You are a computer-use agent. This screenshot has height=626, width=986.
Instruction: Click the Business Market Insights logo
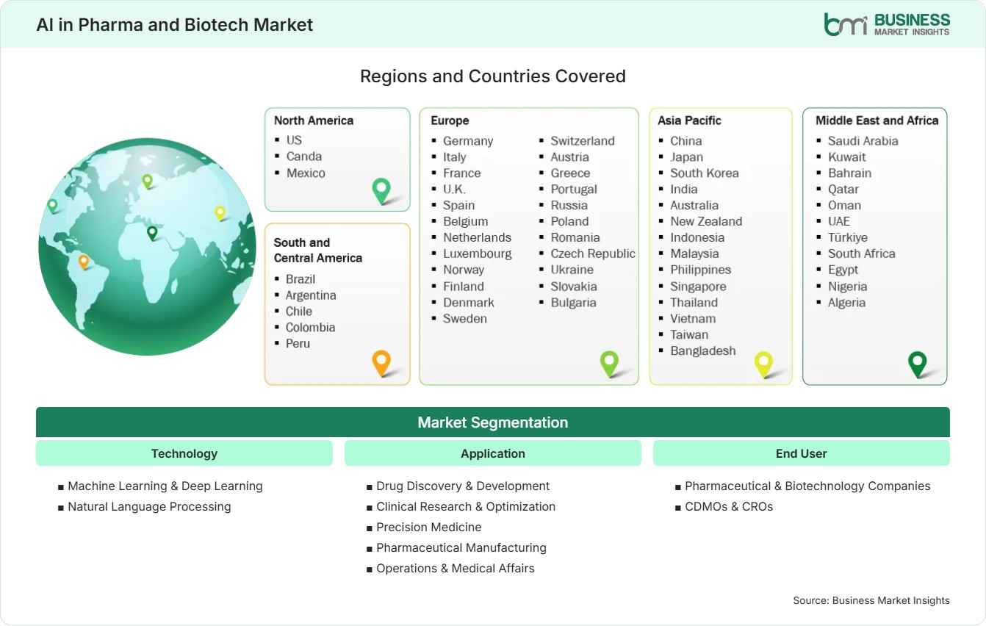pyautogui.click(x=887, y=24)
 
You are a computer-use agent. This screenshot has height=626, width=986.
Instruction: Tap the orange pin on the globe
pyautogui.click(x=83, y=262)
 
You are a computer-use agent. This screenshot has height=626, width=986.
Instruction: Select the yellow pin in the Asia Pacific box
pyautogui.click(x=763, y=364)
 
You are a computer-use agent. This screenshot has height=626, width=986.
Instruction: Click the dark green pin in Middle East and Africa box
pyautogui.click(x=918, y=364)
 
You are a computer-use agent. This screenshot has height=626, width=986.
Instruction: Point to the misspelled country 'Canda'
pyautogui.click(x=303, y=156)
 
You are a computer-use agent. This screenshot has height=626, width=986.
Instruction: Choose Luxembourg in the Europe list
pyautogui.click(x=477, y=253)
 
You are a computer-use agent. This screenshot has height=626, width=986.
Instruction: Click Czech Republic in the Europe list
pyautogui.click(x=592, y=253)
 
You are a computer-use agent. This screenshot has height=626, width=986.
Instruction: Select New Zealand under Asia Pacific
pyautogui.click(x=706, y=221)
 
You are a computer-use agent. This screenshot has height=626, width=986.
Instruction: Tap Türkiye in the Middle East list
pyautogui.click(x=847, y=237)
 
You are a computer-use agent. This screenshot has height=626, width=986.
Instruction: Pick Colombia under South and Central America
pyautogui.click(x=310, y=328)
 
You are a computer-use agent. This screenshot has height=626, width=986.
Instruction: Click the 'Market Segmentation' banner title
pyautogui.click(x=492, y=422)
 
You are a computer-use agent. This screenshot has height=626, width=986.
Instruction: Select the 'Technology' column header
pyautogui.click(x=184, y=453)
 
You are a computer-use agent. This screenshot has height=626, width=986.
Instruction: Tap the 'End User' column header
pyautogui.click(x=801, y=453)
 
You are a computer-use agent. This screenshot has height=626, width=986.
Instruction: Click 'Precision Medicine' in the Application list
pyautogui.click(x=429, y=527)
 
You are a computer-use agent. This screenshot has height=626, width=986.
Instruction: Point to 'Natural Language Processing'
pyautogui.click(x=149, y=507)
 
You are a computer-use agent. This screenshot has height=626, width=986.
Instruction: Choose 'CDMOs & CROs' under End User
pyautogui.click(x=729, y=507)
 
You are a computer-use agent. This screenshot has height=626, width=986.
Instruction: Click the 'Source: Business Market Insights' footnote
pyautogui.click(x=871, y=600)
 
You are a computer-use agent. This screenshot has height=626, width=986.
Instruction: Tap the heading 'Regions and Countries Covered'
pyautogui.click(x=492, y=76)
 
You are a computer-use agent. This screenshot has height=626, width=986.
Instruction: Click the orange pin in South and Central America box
pyautogui.click(x=381, y=363)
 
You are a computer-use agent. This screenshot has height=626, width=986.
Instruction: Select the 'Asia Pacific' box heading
pyautogui.click(x=689, y=120)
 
